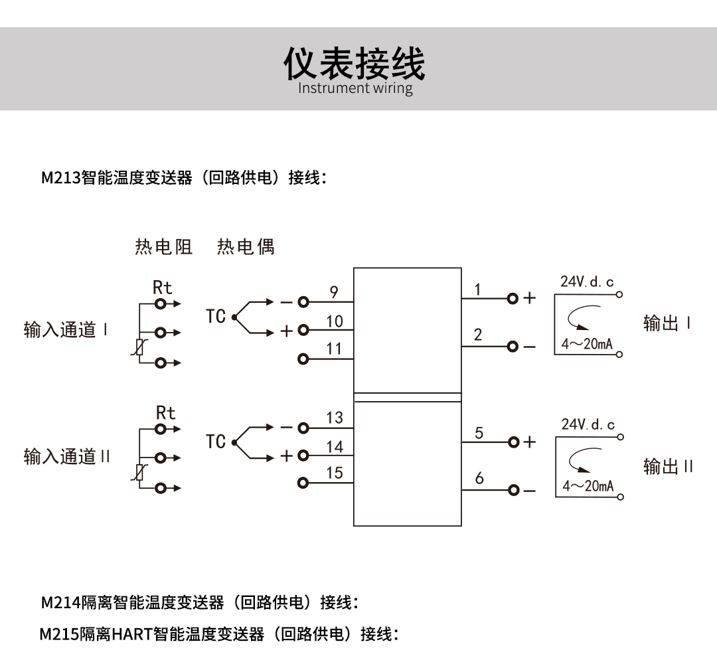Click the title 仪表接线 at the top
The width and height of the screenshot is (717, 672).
(x=355, y=63)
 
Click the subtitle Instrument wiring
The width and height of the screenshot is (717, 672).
(x=355, y=88)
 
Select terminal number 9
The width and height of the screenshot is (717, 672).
(x=334, y=292)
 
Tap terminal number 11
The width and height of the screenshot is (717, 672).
(x=334, y=349)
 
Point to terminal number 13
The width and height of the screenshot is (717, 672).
(x=335, y=418)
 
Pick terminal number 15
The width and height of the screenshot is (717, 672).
(x=335, y=473)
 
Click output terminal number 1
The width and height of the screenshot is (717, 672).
(x=477, y=290)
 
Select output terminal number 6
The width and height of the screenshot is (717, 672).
(x=479, y=478)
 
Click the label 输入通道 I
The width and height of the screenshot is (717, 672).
(x=66, y=330)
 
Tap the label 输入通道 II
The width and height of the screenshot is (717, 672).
(x=67, y=457)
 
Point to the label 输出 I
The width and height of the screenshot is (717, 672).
(x=667, y=323)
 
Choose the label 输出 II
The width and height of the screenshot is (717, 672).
(x=668, y=466)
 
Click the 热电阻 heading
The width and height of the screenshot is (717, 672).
(x=163, y=247)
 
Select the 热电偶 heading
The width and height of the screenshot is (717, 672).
(x=246, y=247)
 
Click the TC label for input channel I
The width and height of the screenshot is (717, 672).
(x=216, y=317)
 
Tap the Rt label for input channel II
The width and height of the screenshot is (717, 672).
(x=165, y=413)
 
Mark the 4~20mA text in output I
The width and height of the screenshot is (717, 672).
(x=586, y=345)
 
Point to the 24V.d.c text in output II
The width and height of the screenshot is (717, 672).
(x=588, y=424)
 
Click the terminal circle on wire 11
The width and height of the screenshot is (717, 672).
(x=303, y=359)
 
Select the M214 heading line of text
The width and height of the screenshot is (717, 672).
(x=200, y=602)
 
